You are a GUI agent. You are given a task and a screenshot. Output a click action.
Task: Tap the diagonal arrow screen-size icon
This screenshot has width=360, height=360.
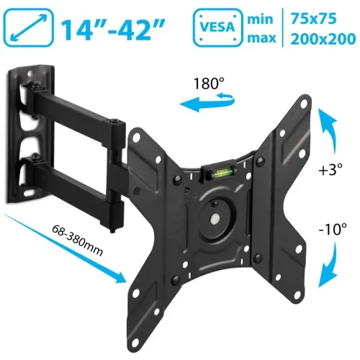point(28,27)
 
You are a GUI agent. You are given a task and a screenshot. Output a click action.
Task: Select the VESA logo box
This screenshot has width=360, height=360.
point(217,27)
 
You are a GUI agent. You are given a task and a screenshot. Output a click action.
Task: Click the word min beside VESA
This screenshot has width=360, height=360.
point(260,19)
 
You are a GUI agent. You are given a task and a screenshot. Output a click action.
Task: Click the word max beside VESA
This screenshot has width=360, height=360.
point(261,38)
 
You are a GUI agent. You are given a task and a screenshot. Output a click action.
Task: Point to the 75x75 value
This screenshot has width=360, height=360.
point(314,18)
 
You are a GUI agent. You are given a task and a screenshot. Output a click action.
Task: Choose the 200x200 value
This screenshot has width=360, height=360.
point(323,39)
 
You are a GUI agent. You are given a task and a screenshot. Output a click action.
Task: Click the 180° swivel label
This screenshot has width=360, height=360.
point(209,84)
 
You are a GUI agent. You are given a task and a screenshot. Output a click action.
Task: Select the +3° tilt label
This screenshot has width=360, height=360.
point(330,169)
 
